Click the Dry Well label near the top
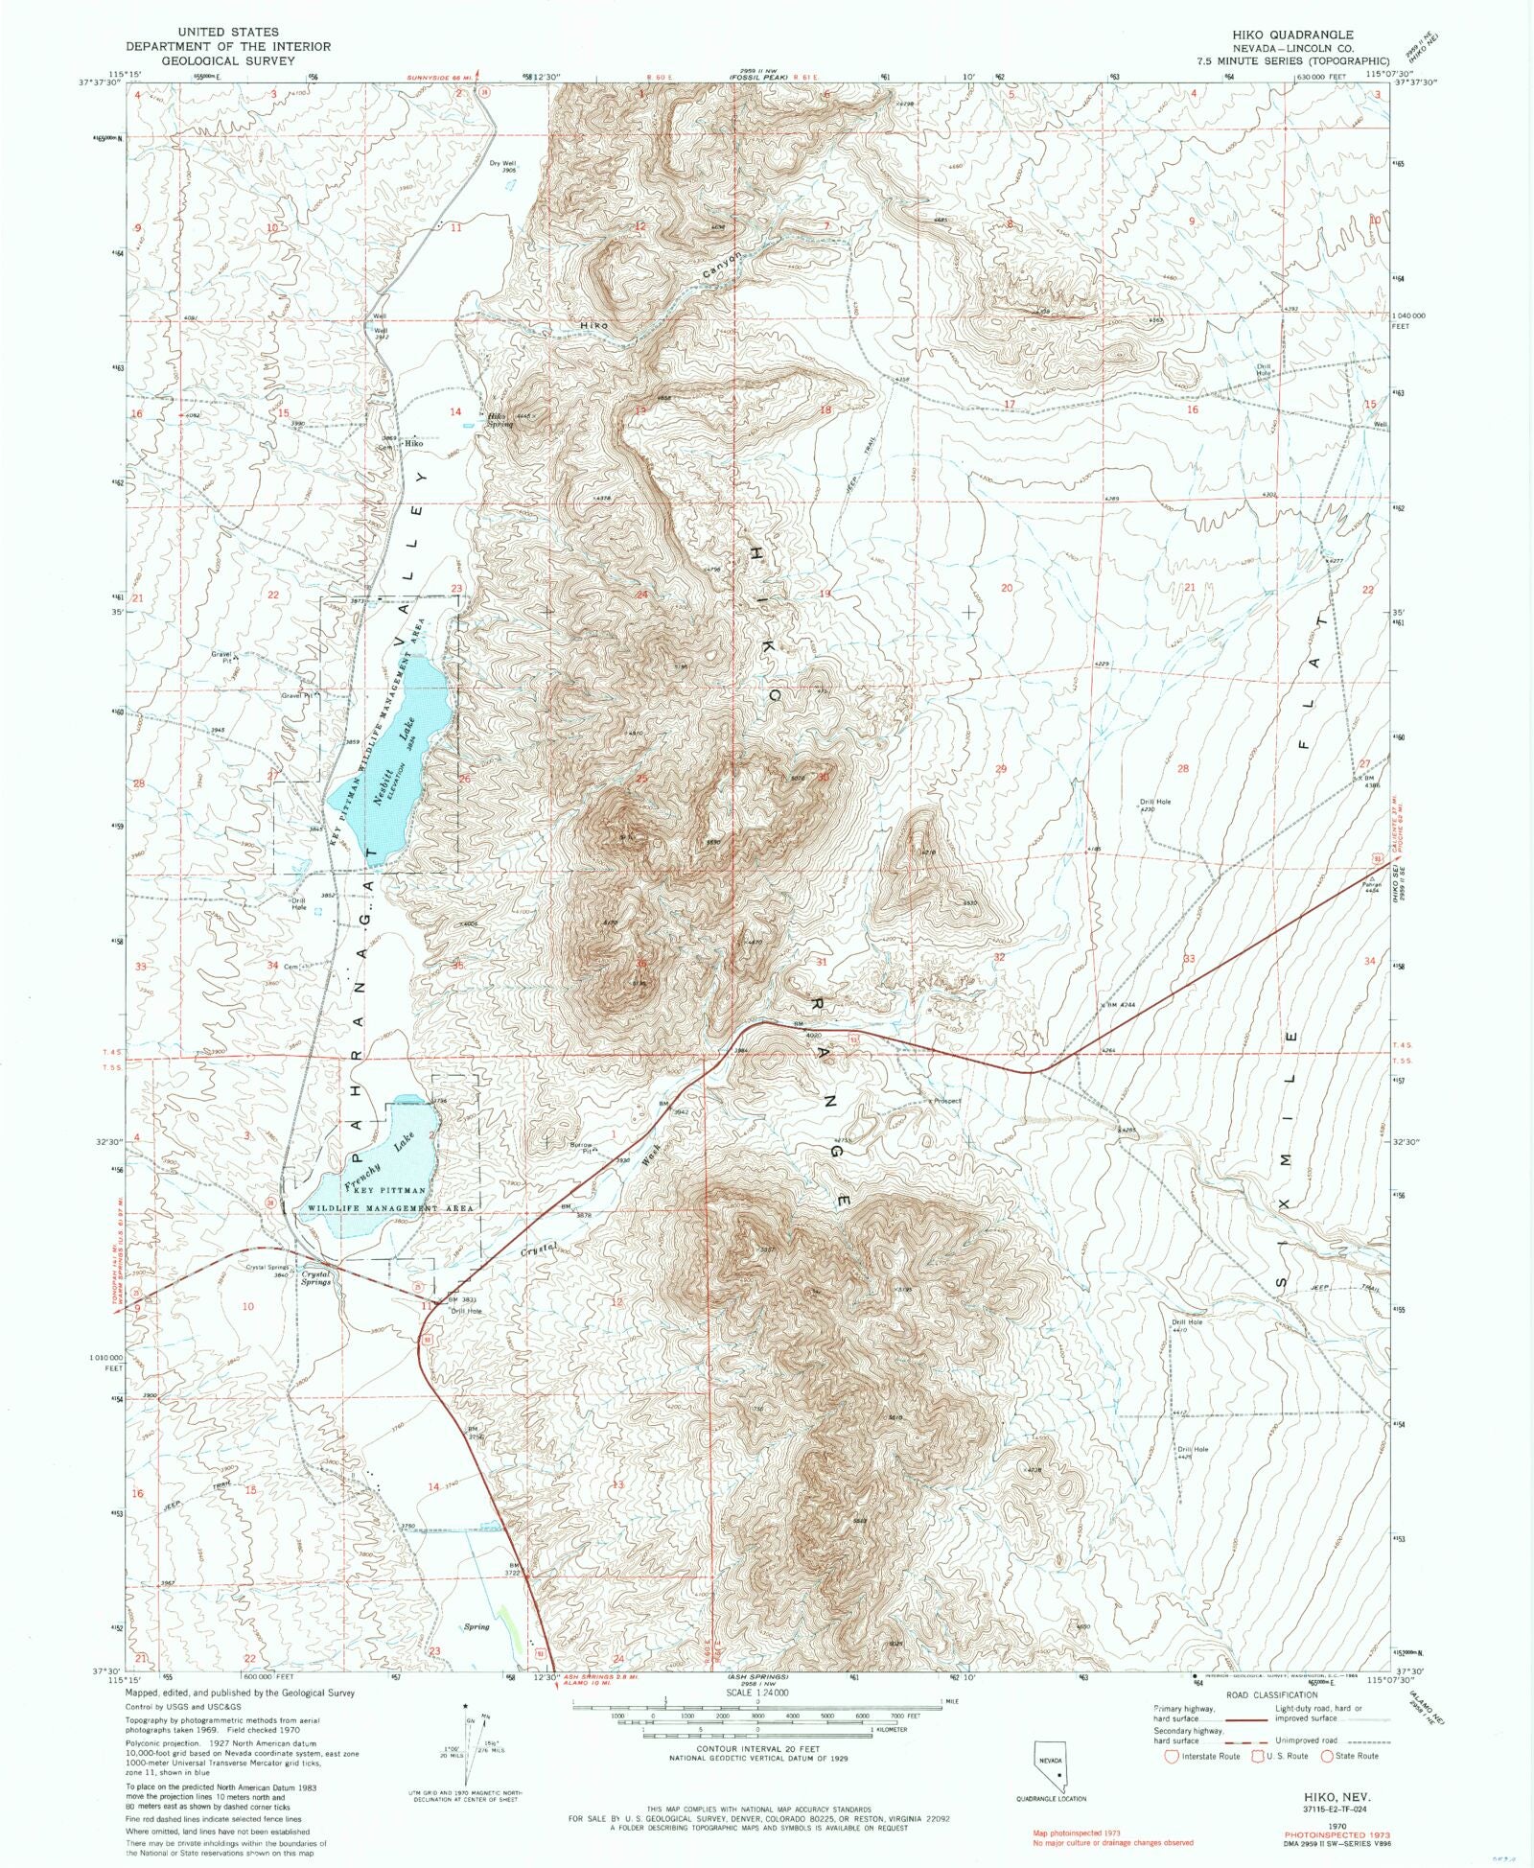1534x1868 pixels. (502, 164)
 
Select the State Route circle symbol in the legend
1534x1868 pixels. (1328, 1756)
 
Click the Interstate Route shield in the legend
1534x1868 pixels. (1171, 1756)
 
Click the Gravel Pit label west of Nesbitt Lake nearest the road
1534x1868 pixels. (296, 695)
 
